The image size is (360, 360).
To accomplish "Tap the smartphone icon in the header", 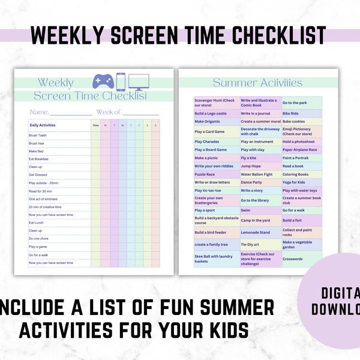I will pos(121,82).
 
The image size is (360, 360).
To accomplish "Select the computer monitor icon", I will pos(139,82).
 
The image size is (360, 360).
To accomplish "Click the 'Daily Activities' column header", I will pos(42,125).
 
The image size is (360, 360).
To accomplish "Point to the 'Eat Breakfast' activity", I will pos(38,159).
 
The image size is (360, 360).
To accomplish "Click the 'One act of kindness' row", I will pos(43,199).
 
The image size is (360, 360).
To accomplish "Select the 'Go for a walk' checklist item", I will pos(39,254).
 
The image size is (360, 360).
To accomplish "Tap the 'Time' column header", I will pos(95,125).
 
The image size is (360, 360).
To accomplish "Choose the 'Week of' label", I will pos(109,112).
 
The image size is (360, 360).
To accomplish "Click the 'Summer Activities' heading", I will pos(257,83).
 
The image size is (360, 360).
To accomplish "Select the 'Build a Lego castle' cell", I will pos(211,113).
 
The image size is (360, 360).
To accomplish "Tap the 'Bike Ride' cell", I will pos(290,113).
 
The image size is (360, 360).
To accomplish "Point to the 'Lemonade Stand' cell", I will pos(256,232).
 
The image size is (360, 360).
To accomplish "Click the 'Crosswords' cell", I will pos(293,259).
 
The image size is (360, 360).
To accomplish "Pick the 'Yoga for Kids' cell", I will pos(294,182).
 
